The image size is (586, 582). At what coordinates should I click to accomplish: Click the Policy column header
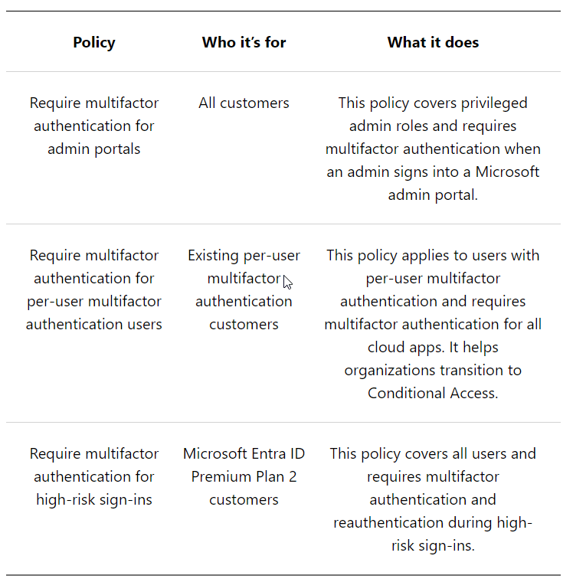tap(94, 43)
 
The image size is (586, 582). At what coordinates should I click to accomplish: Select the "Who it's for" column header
tap(244, 43)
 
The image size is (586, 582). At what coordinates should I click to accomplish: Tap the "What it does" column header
tap(433, 43)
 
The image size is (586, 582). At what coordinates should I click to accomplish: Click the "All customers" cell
tap(244, 103)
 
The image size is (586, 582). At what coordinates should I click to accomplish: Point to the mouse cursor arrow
tap(287, 282)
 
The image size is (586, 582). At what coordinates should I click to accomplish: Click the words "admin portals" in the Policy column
tap(94, 149)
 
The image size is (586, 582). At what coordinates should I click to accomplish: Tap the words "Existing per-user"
tap(244, 255)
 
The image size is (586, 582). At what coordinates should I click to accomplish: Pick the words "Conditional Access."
tap(433, 393)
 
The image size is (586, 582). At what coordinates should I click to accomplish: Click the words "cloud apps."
tap(404, 347)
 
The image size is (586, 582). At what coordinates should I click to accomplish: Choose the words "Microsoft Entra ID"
tap(244, 453)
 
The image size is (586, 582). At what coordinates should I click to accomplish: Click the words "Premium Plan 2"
tap(244, 476)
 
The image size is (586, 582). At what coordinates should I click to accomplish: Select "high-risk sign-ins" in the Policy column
tap(94, 499)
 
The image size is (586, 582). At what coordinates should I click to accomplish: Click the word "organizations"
tap(388, 370)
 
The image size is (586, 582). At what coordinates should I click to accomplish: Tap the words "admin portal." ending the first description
tap(433, 195)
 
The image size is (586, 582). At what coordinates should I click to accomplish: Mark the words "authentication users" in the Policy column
tap(94, 324)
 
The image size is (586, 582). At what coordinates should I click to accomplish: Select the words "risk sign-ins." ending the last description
tap(433, 545)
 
